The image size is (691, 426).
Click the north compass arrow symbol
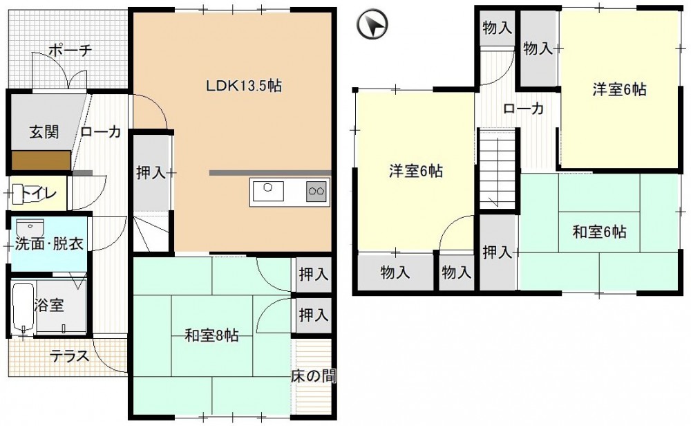pos(372,24)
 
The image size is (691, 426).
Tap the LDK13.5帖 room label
pos(244,86)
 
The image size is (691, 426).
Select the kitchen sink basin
pos(267,191)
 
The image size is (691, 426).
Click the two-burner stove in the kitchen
pos(317,191)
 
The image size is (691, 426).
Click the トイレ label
pos(39,194)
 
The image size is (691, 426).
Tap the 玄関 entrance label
pos(44,131)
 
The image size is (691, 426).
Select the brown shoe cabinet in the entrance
pos(41,160)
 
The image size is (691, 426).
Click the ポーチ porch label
pos(70,50)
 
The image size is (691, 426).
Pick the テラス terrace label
pos(70,355)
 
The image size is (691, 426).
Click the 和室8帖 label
pos(211,336)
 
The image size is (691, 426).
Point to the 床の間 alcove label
pos(314,376)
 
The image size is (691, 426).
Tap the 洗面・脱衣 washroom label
pos(49,244)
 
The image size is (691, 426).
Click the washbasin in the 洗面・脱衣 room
pos(30,228)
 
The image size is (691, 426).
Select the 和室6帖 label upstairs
pos(599,232)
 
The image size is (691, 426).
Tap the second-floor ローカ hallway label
pos(524,109)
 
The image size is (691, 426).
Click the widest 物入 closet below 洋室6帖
pos(396,272)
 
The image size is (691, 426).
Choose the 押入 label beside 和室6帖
pos(498,252)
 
